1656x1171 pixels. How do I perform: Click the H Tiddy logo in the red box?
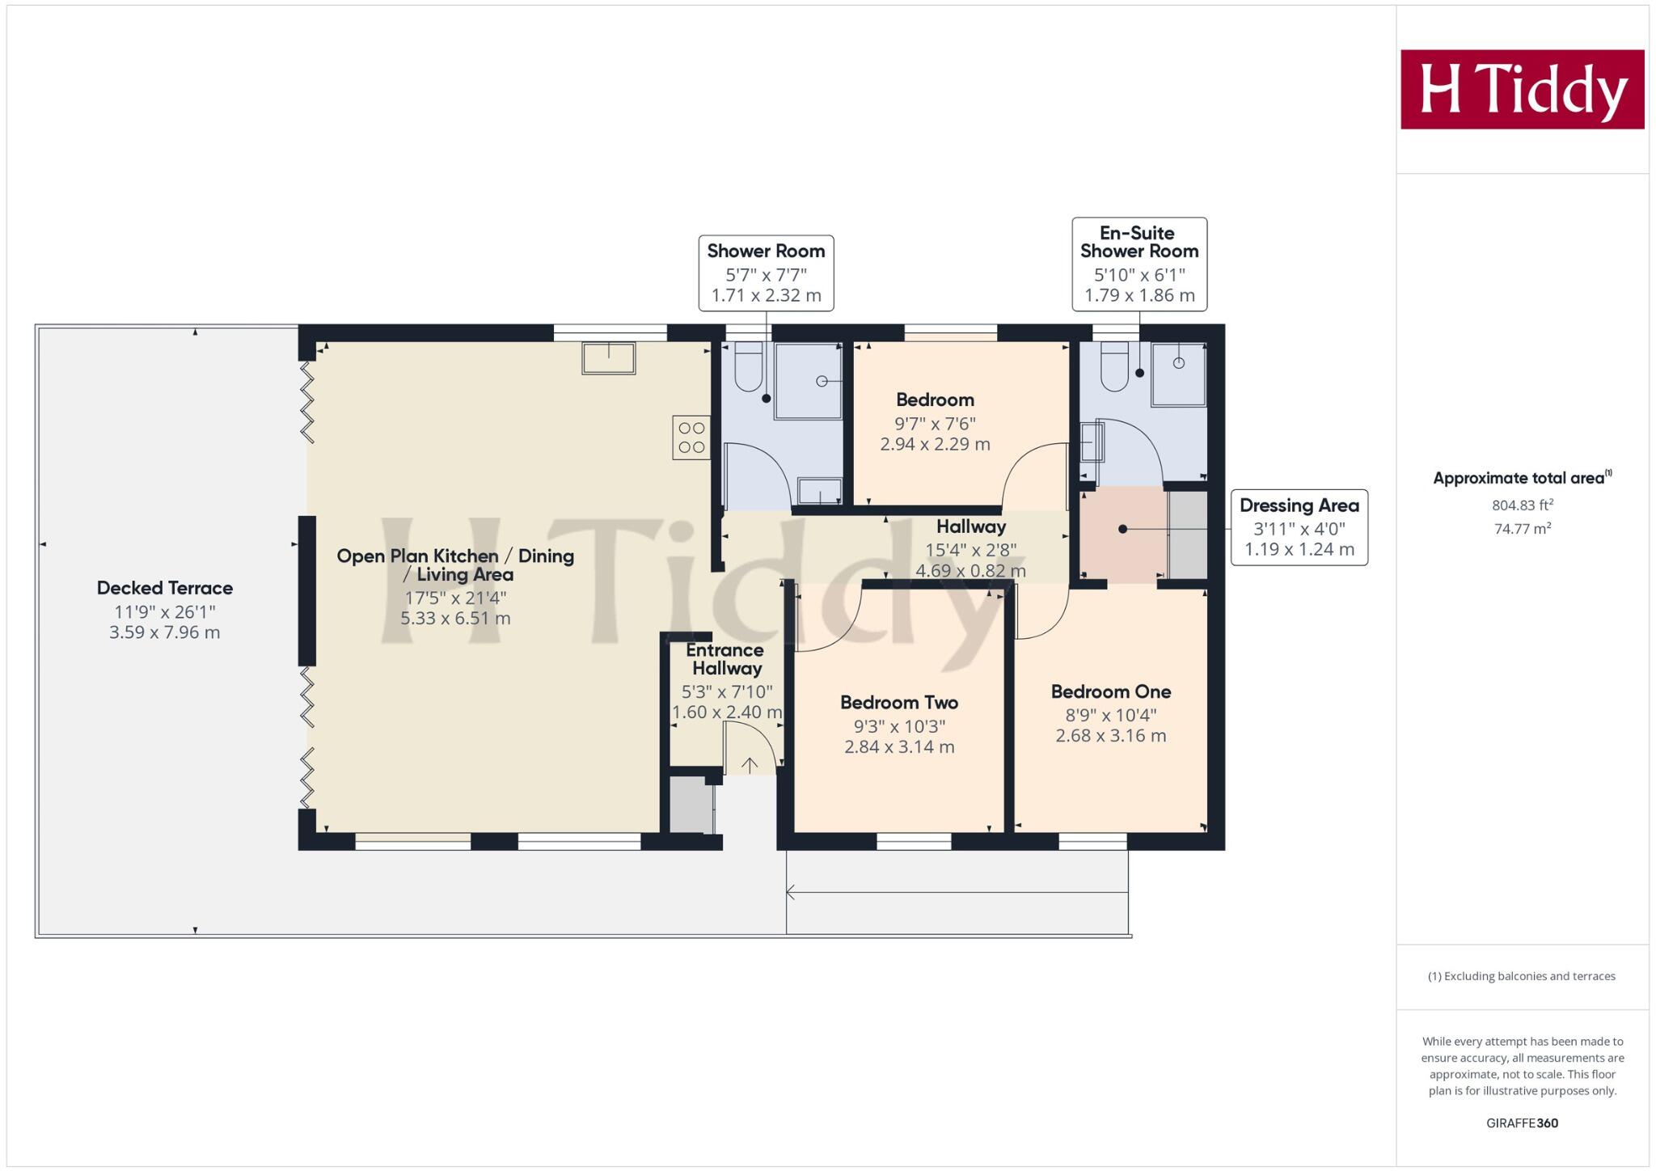point(1522,89)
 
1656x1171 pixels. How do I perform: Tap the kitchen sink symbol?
point(608,357)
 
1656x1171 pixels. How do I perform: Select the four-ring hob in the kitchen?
point(691,438)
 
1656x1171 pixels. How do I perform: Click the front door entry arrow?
point(750,765)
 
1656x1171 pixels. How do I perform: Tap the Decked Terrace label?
point(165,588)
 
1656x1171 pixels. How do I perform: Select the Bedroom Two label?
point(899,702)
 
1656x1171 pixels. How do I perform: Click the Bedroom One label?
point(1110,691)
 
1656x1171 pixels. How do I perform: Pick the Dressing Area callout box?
point(1299,527)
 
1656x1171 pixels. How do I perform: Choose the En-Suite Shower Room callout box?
point(1139,264)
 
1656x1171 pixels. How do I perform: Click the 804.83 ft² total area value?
point(1522,505)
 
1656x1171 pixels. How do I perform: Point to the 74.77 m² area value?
point(1522,529)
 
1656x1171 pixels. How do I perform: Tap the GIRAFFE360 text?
point(1522,1123)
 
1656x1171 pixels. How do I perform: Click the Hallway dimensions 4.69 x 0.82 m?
point(970,571)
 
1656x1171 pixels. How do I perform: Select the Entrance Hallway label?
point(725,659)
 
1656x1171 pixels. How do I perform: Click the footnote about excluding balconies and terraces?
point(1522,976)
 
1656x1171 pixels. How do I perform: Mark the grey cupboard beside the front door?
point(691,805)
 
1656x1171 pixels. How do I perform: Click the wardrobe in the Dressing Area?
point(1188,535)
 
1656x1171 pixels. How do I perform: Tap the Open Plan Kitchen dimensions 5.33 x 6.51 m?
point(455,619)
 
